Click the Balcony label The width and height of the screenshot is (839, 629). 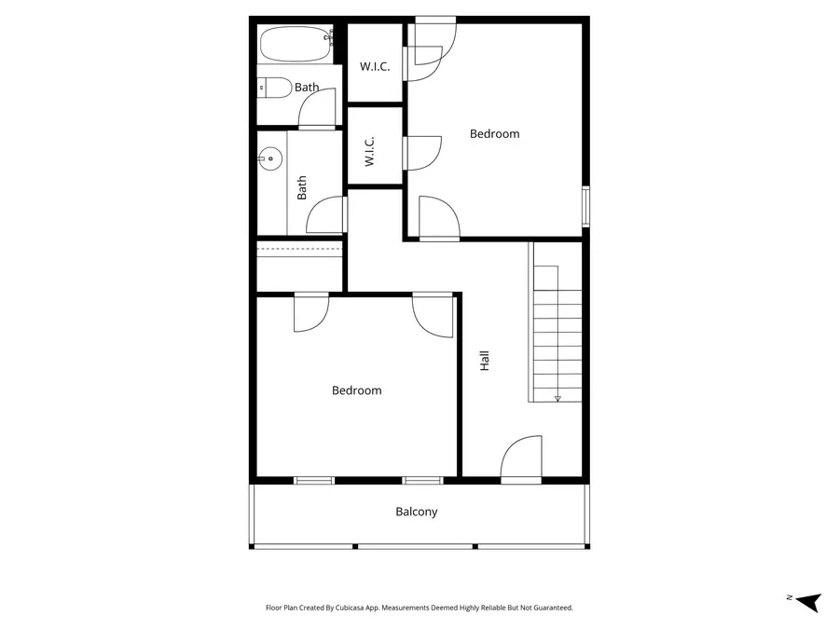click(x=416, y=512)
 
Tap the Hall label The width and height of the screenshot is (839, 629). click(x=484, y=361)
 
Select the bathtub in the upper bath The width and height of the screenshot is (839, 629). click(x=296, y=44)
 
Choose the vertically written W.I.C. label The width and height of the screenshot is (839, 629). click(x=369, y=152)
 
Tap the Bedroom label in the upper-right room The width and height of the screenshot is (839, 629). click(x=494, y=133)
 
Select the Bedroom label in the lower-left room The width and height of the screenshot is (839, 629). click(x=357, y=390)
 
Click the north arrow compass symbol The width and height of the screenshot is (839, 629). click(x=807, y=601)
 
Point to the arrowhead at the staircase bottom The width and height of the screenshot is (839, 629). click(x=557, y=398)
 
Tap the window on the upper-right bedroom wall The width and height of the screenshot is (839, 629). click(x=585, y=206)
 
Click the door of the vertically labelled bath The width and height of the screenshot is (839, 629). click(x=326, y=215)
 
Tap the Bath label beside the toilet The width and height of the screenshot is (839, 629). click(x=307, y=88)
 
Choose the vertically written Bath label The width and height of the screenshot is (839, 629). click(x=302, y=190)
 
